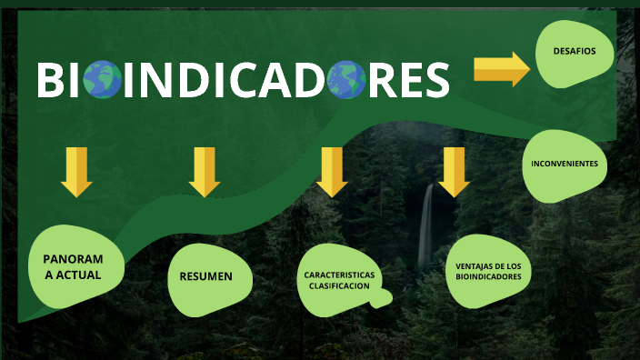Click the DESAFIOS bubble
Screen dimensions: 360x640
click(575, 52)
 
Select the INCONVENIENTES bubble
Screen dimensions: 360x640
click(565, 164)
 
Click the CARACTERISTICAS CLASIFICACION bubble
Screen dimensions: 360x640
click(337, 280)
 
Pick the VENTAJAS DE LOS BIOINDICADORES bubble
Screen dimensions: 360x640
click(488, 271)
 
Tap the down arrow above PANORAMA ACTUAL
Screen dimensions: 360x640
click(76, 172)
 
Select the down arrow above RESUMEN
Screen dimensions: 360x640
click(205, 172)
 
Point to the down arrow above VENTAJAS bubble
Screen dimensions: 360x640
click(453, 172)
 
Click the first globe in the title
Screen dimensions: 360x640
click(102, 79)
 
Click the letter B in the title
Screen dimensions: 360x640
click(50, 80)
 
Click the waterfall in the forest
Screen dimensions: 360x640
click(425, 223)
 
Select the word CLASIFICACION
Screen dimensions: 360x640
click(337, 286)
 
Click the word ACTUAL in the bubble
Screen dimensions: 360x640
click(77, 275)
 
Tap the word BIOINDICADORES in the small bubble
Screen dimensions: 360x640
click(488, 276)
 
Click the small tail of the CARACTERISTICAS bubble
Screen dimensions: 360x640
click(385, 296)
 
